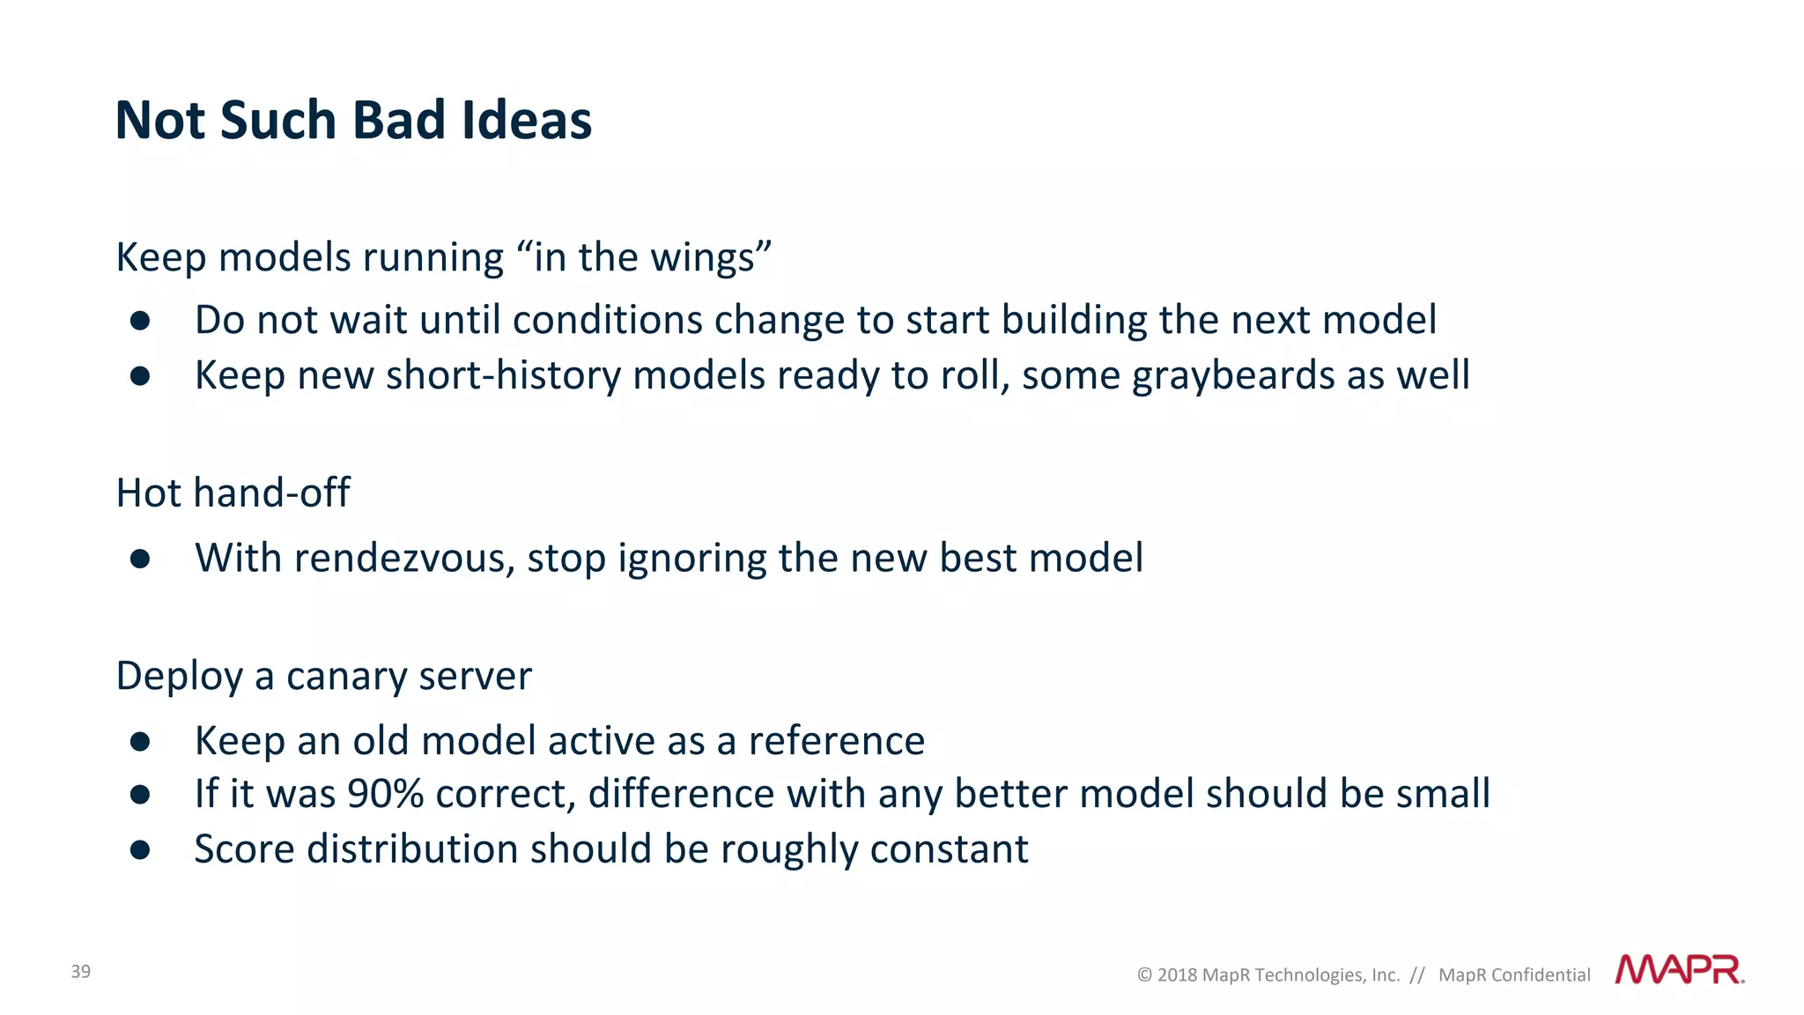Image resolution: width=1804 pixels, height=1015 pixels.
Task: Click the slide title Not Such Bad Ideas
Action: tap(353, 120)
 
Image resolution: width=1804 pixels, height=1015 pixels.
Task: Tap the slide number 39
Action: tap(81, 971)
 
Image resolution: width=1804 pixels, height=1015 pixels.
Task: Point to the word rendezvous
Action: tap(404, 558)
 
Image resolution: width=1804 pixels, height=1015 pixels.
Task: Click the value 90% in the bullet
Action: tap(386, 794)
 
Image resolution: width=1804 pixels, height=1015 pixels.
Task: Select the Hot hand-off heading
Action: tap(233, 493)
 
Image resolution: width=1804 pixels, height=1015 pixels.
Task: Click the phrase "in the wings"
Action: tap(644, 257)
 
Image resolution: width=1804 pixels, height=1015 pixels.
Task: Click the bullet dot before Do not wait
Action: tap(140, 321)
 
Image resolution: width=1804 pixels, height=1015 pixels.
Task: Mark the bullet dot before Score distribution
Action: tap(140, 850)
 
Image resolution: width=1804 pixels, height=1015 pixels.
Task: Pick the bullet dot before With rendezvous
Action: tap(140, 559)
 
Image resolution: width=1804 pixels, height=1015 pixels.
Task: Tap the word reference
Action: tap(836, 741)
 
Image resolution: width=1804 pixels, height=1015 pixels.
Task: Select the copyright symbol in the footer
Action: tap(1144, 974)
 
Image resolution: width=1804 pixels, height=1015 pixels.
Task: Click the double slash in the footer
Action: tap(1417, 974)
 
